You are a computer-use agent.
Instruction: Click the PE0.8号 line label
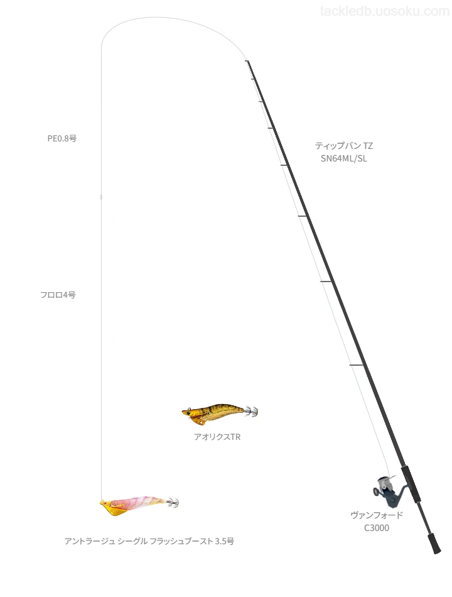[x=62, y=139]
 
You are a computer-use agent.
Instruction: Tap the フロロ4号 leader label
[x=58, y=295]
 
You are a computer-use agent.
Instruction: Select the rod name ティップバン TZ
[x=344, y=146]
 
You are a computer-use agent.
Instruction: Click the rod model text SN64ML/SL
[x=344, y=159]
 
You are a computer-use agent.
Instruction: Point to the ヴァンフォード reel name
[x=377, y=515]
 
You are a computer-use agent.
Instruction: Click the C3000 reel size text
[x=377, y=528]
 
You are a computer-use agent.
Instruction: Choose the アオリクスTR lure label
[x=217, y=437]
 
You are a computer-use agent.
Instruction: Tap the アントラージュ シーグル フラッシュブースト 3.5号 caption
[x=149, y=541]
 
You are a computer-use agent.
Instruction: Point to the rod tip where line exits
[x=247, y=61]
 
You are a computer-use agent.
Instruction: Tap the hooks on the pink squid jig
[x=173, y=502]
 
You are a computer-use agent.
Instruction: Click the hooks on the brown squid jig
[x=252, y=411]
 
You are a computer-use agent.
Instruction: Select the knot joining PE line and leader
[x=101, y=197]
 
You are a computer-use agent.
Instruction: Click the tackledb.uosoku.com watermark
[x=385, y=11]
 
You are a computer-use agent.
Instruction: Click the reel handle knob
[x=376, y=492]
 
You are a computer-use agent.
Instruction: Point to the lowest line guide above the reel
[x=357, y=366]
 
